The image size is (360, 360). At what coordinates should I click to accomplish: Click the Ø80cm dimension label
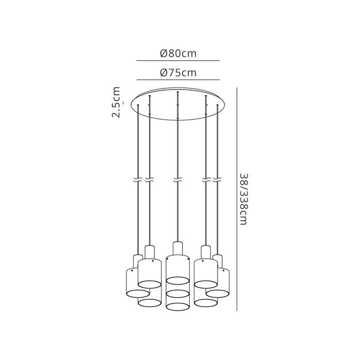pos(178,53)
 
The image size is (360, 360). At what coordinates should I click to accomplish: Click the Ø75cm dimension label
pos(178,73)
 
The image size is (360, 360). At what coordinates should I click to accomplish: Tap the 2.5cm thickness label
pos(116,102)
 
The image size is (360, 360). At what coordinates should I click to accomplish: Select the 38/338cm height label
pos(243,199)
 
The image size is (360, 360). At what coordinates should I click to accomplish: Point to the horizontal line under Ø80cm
pos(178,61)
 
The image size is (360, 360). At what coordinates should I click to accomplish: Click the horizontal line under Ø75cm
pos(178,80)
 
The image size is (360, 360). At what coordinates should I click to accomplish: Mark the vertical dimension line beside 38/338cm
pos(237,199)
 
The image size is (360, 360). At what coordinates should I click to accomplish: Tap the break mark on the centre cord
pos(177,180)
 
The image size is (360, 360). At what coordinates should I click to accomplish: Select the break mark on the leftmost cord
pos(138,180)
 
